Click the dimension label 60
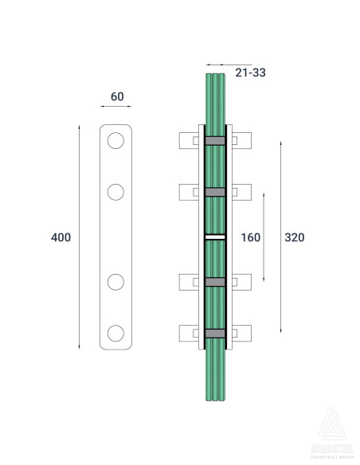click(x=117, y=96)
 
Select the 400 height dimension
click(x=61, y=237)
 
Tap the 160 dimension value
click(x=251, y=237)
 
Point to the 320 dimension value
click(x=295, y=237)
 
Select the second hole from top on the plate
click(x=116, y=191)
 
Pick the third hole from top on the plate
click(x=116, y=282)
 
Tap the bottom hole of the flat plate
click(x=116, y=332)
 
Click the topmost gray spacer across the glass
click(x=215, y=141)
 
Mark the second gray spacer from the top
click(x=215, y=192)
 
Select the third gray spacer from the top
click(x=215, y=282)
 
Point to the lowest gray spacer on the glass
click(x=215, y=333)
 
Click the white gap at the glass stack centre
click(x=215, y=236)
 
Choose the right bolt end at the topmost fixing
click(x=242, y=141)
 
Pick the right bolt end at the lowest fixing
click(x=242, y=333)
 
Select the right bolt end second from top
click(x=242, y=192)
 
